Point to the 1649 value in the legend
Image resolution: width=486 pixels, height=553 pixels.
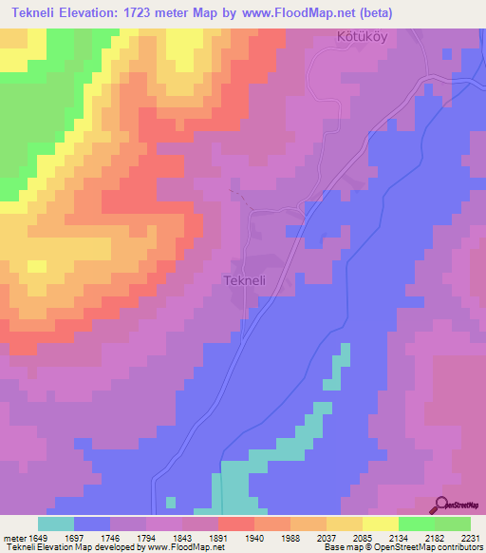(38, 537)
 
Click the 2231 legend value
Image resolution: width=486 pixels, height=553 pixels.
(470, 537)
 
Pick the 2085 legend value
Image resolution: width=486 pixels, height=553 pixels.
(362, 537)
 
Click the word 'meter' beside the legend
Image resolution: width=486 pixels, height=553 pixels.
(14, 537)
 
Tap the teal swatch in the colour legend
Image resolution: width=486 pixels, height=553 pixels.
(56, 524)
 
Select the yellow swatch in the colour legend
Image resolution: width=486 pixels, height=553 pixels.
(380, 524)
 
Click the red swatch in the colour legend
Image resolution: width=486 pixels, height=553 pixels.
(235, 524)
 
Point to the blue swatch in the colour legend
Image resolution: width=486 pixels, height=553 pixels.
(92, 524)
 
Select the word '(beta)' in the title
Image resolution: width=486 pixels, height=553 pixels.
(368, 13)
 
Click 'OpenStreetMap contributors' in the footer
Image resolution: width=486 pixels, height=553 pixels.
(430, 547)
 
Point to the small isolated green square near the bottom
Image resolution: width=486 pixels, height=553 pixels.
(170, 502)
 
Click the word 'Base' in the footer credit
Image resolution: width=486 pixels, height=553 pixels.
(332, 547)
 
